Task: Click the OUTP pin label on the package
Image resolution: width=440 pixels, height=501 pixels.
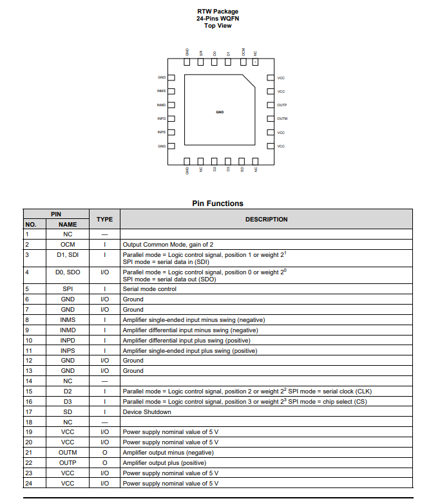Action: click(282, 105)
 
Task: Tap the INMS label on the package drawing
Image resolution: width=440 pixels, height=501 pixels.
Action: click(161, 91)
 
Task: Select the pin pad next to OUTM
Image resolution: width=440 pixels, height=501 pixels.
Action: click(271, 118)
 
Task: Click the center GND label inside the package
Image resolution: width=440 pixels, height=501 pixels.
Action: click(220, 112)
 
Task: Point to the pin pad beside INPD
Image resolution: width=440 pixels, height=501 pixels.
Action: click(171, 118)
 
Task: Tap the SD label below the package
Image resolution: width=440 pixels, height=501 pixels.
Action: click(242, 169)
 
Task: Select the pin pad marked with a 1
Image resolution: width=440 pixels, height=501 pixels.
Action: click(256, 62)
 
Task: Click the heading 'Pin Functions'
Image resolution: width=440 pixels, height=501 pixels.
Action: click(218, 203)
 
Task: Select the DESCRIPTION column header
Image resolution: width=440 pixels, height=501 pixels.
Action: click(266, 220)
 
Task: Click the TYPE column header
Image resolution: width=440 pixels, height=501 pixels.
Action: click(104, 220)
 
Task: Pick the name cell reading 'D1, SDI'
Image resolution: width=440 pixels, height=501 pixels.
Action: click(68, 255)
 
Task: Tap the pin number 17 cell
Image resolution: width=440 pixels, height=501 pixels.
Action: click(28, 411)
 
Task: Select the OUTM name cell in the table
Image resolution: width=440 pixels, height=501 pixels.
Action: click(68, 453)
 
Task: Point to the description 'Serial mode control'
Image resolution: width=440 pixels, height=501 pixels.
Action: click(149, 288)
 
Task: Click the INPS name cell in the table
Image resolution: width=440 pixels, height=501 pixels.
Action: click(68, 350)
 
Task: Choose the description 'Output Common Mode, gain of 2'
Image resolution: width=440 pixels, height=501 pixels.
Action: click(169, 245)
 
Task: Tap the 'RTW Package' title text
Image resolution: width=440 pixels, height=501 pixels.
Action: click(218, 12)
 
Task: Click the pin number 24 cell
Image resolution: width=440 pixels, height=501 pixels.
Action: click(28, 483)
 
